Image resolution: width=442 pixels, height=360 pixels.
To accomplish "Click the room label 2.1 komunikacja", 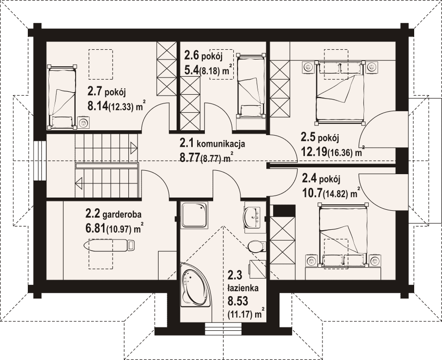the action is click(x=212, y=143).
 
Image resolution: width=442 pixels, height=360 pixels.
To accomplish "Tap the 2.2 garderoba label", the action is click(x=113, y=214).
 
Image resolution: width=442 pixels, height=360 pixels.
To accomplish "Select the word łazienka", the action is click(x=243, y=288).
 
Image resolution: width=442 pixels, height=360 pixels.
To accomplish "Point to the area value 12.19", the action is click(x=314, y=152).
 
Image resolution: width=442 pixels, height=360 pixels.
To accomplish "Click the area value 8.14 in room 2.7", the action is click(x=98, y=106).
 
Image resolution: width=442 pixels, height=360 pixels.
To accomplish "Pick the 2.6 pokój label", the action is click(x=203, y=56).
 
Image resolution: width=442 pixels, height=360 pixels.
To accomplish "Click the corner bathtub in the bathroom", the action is click(x=195, y=285).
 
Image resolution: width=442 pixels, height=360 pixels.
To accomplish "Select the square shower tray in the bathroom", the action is click(x=194, y=215).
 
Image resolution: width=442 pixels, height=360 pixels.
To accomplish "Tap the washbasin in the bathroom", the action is click(x=253, y=217).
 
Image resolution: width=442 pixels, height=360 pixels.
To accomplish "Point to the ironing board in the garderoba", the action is click(x=110, y=245).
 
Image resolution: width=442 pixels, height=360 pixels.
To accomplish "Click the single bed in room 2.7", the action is click(x=62, y=97).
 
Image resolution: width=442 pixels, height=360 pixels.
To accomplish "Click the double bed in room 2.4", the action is click(x=343, y=235).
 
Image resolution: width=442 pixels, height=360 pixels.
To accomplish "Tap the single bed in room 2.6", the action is click(x=251, y=85).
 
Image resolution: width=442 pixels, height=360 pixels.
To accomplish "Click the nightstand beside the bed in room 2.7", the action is click(x=83, y=123).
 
